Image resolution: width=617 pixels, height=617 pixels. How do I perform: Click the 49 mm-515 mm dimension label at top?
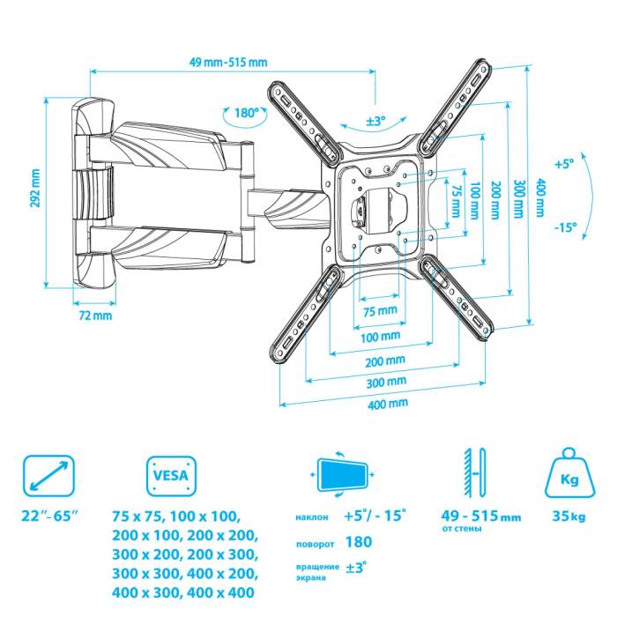pos(228,62)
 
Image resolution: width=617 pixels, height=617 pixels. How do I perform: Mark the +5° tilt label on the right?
pos(564,163)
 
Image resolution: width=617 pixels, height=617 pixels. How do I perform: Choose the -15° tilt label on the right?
pos(565,227)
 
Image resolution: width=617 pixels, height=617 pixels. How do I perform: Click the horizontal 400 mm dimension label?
pos(387,403)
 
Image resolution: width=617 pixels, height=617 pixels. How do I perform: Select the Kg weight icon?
pos(569,477)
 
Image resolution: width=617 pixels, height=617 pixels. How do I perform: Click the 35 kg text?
pos(569,517)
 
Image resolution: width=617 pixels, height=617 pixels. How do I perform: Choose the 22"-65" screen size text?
pos(49,515)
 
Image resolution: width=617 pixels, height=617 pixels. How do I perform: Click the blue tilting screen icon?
pos(343,476)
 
